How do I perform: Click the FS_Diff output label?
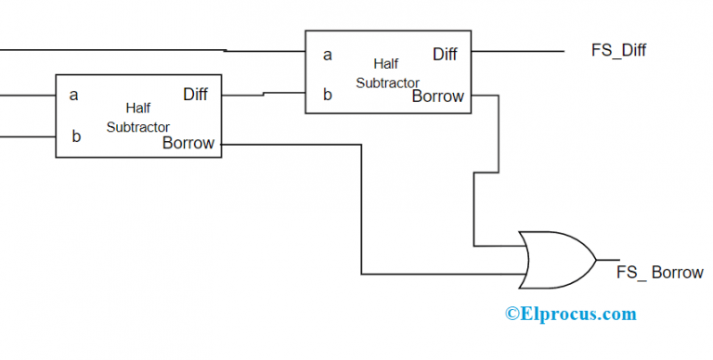click(x=618, y=51)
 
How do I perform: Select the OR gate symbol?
click(x=556, y=260)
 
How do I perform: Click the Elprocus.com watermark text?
click(x=571, y=314)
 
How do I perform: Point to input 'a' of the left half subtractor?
click(x=74, y=95)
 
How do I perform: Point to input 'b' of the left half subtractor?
click(x=76, y=136)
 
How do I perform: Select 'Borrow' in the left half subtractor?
click(x=188, y=143)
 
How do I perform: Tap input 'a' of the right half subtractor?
click(x=327, y=55)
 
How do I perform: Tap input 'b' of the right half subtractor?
click(x=327, y=93)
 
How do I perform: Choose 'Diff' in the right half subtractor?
click(x=445, y=54)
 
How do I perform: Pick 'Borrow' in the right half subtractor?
click(x=437, y=96)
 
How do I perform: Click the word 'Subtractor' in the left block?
click(x=137, y=126)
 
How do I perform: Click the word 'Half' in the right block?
click(x=386, y=64)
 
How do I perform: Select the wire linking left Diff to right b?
click(x=264, y=94)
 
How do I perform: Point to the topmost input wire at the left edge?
click(x=111, y=48)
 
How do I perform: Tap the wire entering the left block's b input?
click(x=28, y=136)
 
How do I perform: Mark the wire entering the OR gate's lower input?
click(x=446, y=275)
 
